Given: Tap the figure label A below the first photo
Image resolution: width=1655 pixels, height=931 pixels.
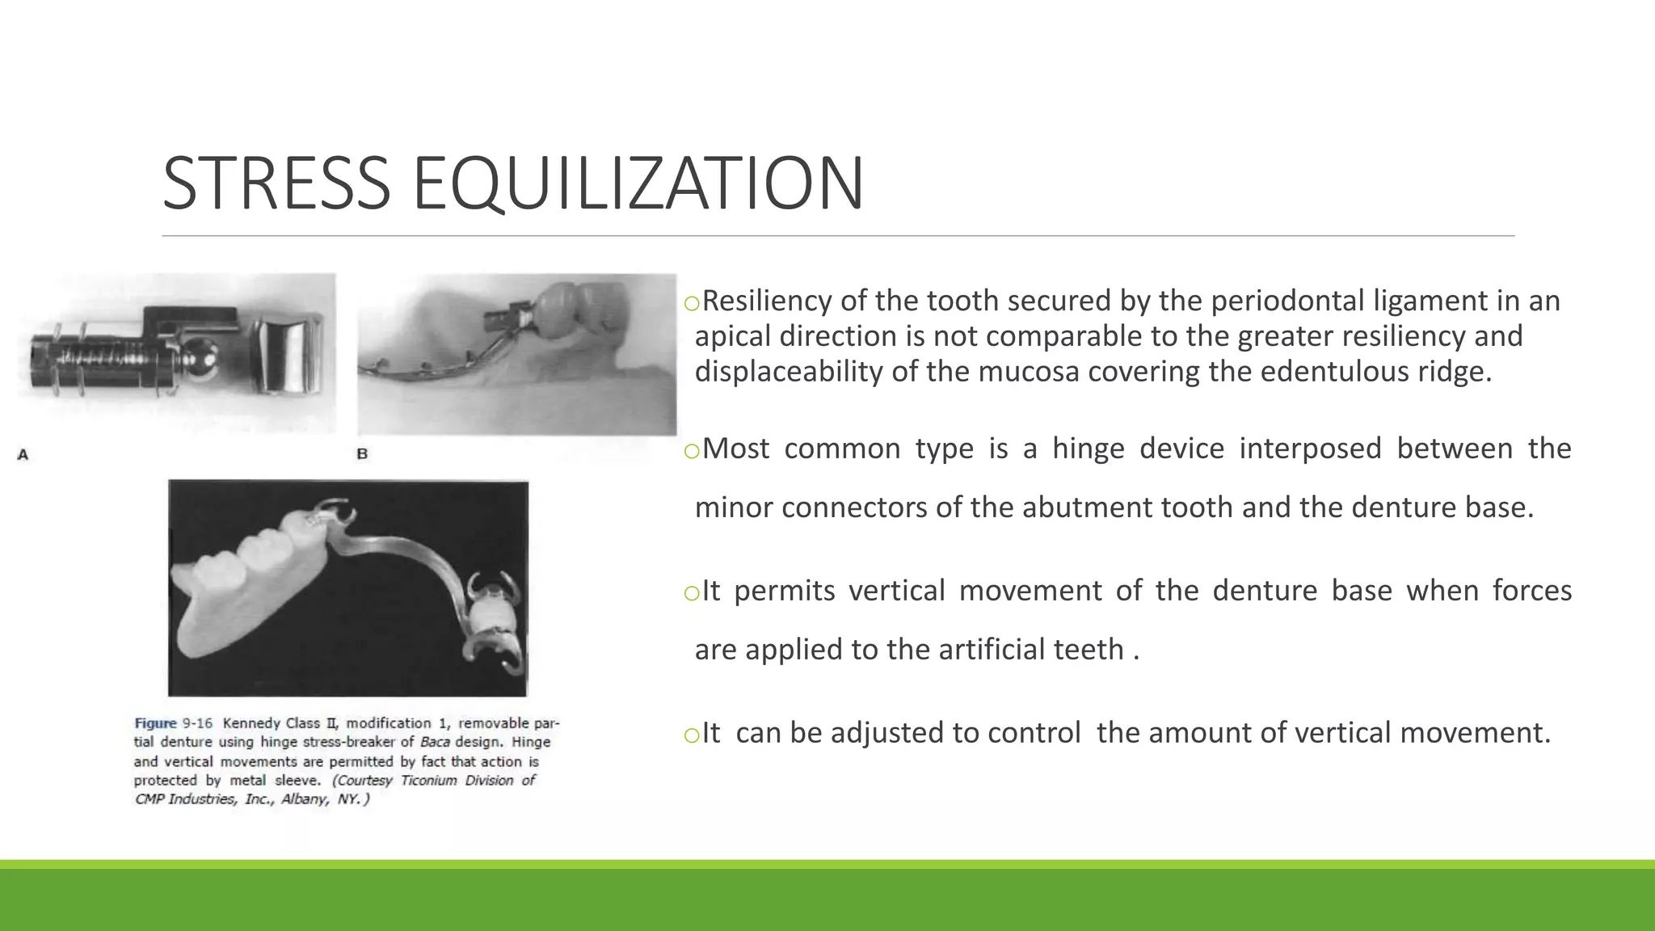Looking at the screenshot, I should pyautogui.click(x=23, y=455).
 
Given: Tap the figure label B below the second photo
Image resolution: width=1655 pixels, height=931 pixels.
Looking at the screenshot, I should pyautogui.click(x=362, y=454).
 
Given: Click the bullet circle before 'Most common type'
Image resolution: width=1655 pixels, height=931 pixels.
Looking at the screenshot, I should pyautogui.click(x=691, y=451).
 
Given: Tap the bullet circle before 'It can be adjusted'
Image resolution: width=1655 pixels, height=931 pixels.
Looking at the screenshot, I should pyautogui.click(x=691, y=735).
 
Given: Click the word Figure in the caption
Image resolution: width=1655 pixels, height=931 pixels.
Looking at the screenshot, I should pyautogui.click(x=155, y=723).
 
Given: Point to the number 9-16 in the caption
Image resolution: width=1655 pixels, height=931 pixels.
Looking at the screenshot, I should pyautogui.click(x=198, y=723).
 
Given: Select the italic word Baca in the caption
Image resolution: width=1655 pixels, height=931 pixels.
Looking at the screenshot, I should pyautogui.click(x=435, y=742).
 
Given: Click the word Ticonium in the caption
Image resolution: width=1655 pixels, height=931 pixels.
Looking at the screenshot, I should pyautogui.click(x=428, y=781).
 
